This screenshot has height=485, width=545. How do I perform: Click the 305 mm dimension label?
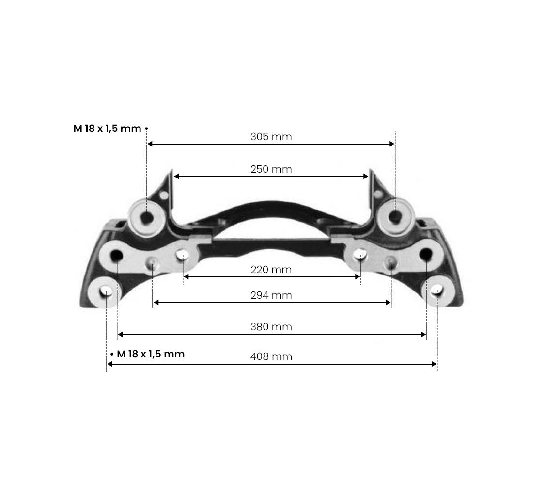[271, 137]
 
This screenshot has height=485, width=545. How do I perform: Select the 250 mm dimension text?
[271, 169]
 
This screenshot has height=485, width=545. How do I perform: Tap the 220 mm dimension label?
[271, 270]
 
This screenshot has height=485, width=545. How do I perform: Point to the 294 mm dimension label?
[271, 295]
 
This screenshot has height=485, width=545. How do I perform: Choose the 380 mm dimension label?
[271, 327]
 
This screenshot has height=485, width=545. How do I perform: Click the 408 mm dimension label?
[271, 356]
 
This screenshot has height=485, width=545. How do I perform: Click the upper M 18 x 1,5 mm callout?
[108, 129]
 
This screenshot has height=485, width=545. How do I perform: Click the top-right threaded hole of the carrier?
[396, 216]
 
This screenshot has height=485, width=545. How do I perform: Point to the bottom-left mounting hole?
[107, 291]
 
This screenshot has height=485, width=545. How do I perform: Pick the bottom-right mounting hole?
[437, 291]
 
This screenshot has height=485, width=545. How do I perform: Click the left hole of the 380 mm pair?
[117, 254]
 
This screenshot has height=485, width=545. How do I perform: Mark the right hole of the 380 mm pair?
[426, 253]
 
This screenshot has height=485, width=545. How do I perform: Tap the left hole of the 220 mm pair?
[183, 255]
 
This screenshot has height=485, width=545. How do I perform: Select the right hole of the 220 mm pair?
[360, 254]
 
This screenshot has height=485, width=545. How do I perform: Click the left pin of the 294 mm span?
[152, 263]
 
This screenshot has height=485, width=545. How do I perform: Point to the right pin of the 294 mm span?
[390, 262]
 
